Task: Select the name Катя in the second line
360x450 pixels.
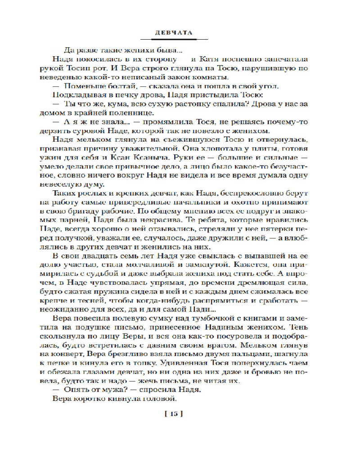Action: (210, 59)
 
